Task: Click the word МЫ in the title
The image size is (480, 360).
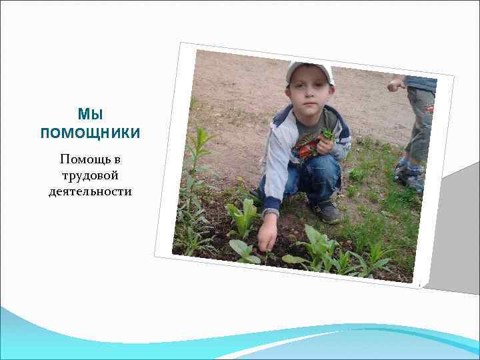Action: point(90,114)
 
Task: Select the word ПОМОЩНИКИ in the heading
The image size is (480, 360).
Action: point(90,133)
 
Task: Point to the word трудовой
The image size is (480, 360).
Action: point(90,176)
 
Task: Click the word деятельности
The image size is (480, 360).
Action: point(90,192)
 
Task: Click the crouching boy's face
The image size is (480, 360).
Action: point(309,93)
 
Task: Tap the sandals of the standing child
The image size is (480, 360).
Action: point(408,175)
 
